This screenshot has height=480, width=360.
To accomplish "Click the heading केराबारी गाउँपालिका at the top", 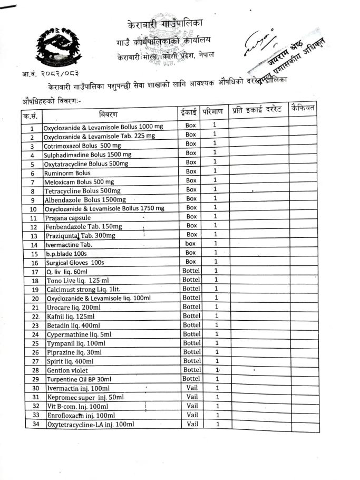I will tap(164, 24).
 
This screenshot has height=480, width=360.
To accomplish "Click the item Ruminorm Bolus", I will tap(67, 173).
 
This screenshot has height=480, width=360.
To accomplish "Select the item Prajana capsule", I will tap(67, 218).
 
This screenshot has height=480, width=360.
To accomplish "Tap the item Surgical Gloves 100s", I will tap(74, 263).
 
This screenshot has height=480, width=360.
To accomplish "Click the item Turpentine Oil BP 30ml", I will tap(79, 379).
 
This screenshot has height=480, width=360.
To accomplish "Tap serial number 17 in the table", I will tap(35, 272).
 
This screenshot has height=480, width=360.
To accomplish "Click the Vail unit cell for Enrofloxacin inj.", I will tap(192, 415).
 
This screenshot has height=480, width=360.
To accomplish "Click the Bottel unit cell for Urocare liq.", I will tap(191, 307).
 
